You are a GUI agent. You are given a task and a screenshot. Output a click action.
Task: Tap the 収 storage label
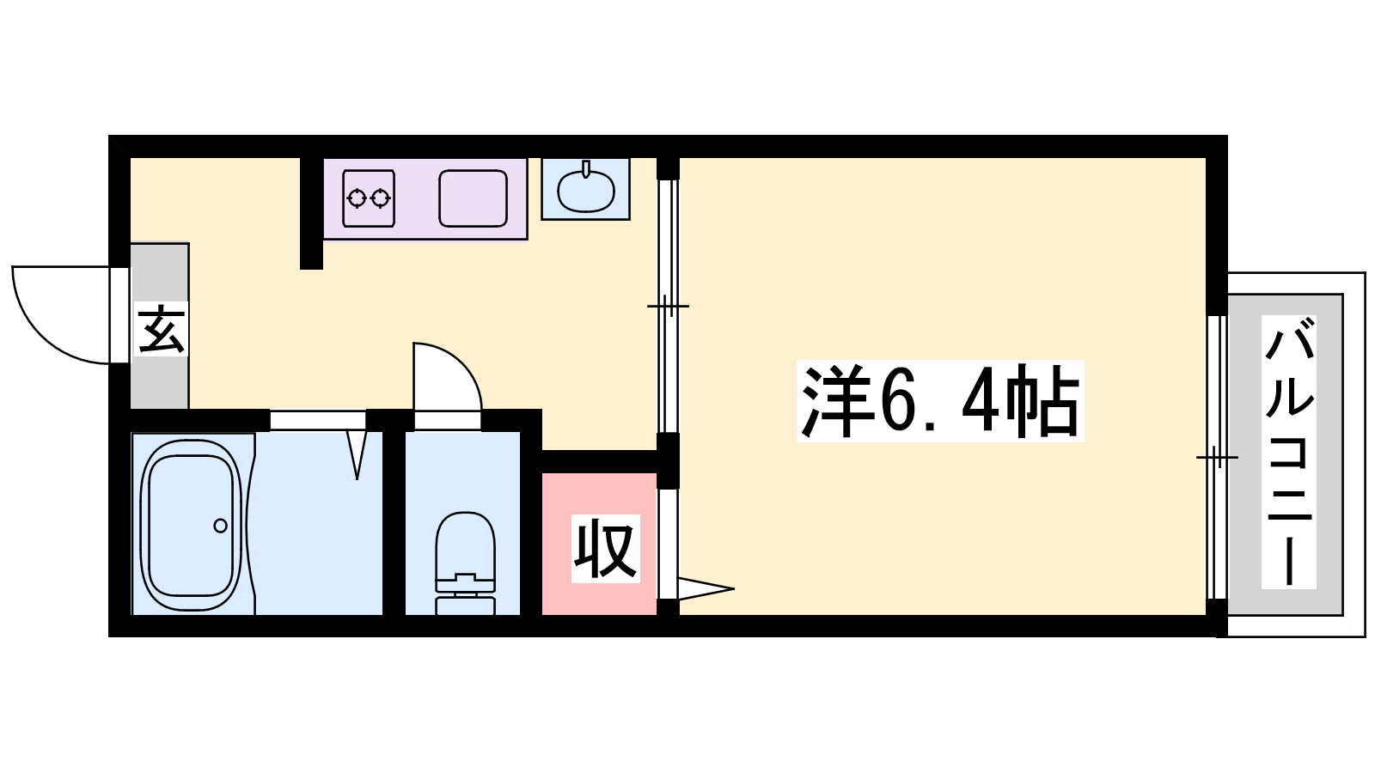(x=605, y=549)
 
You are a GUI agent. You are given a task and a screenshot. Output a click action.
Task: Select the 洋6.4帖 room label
(x=940, y=400)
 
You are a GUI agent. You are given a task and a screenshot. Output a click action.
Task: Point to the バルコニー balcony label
(x=1288, y=452)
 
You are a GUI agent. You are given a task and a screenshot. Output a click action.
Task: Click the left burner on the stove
(x=356, y=198)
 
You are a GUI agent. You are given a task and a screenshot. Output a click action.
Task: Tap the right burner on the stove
(x=382, y=198)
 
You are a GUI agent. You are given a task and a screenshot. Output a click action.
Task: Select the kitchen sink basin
(x=473, y=198)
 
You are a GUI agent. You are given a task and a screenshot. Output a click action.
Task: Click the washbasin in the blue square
(x=585, y=190)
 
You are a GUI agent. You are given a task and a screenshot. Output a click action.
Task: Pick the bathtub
(x=190, y=525)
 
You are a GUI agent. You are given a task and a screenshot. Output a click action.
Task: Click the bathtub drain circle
(x=220, y=526)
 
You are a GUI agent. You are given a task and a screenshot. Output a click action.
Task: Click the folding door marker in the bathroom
(x=357, y=454)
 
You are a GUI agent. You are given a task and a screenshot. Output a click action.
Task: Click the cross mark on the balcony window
(x=1217, y=457)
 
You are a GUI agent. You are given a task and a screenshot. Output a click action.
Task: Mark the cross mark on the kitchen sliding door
(x=668, y=306)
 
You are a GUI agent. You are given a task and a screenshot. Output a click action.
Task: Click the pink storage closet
(x=599, y=544)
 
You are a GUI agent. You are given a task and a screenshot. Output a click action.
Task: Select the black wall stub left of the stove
(x=311, y=214)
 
